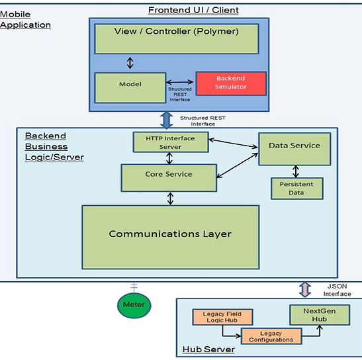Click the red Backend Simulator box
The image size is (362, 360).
pos(231,83)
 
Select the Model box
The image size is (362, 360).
pos(130,88)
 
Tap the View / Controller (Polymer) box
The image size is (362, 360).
pos(177,39)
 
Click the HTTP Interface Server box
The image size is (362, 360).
pos(171,142)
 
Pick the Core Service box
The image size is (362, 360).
pos(169,178)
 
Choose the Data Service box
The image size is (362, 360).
pos(294,149)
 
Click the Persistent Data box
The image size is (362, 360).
pos(296,188)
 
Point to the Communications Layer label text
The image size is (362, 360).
pos(170,234)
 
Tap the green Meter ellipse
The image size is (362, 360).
pos(134,305)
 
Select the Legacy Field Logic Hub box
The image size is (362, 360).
pos(222,317)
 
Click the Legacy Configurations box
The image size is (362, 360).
pos(271,336)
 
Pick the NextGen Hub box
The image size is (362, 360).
pos(320,315)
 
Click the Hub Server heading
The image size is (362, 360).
pos(208,349)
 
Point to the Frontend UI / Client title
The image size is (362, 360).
pos(193,10)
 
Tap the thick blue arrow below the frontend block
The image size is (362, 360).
pos(167,120)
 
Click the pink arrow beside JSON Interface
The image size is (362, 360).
pos(305,290)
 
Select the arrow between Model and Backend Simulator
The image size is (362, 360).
pos(179,82)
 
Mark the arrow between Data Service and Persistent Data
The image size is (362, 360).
pos(296,171)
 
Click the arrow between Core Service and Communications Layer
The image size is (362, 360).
pos(170,199)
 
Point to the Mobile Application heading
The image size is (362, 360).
pos(25,20)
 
